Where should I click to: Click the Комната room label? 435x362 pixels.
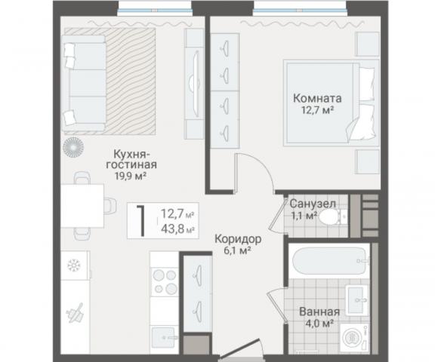(317, 98)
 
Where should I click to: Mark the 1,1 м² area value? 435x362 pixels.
(301, 216)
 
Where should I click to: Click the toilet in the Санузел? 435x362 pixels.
(329, 218)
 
